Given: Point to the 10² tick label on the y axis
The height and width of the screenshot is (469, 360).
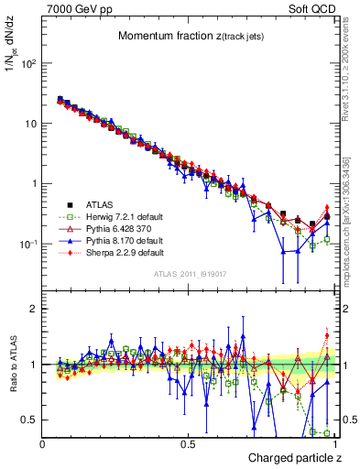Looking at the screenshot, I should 29,64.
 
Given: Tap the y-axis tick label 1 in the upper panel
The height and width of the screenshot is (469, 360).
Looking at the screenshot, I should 35,184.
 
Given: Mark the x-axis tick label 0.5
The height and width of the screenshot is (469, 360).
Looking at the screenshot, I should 187,442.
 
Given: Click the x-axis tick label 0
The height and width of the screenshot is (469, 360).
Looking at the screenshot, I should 43,442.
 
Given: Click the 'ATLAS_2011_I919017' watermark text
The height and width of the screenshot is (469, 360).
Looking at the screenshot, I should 189,275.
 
